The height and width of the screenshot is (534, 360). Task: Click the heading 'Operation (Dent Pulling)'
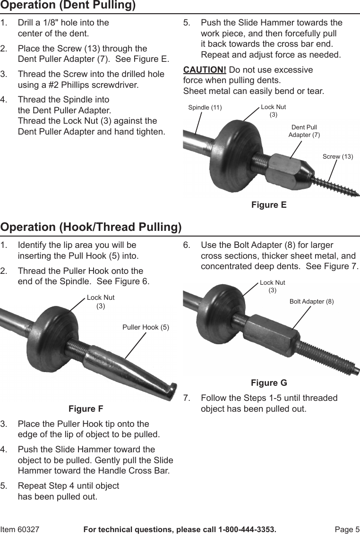(x=68, y=6)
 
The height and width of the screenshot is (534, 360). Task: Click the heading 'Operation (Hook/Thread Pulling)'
(x=91, y=227)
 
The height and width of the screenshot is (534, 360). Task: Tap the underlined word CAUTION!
(x=205, y=70)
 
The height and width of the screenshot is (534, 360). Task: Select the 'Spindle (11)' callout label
(x=205, y=108)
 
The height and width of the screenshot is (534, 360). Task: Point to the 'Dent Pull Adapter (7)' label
(x=304, y=131)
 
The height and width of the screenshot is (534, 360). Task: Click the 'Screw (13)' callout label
(x=338, y=156)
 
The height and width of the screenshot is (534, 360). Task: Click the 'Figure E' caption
(x=269, y=205)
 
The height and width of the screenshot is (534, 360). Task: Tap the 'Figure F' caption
(x=86, y=408)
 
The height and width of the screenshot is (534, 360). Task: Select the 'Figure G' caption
(x=269, y=383)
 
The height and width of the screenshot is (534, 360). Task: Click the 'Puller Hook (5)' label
(x=146, y=327)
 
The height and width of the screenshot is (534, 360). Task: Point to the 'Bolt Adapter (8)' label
(x=311, y=301)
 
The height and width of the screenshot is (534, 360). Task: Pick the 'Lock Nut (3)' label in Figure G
(x=273, y=286)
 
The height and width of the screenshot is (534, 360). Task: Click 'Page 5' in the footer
(x=347, y=529)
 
